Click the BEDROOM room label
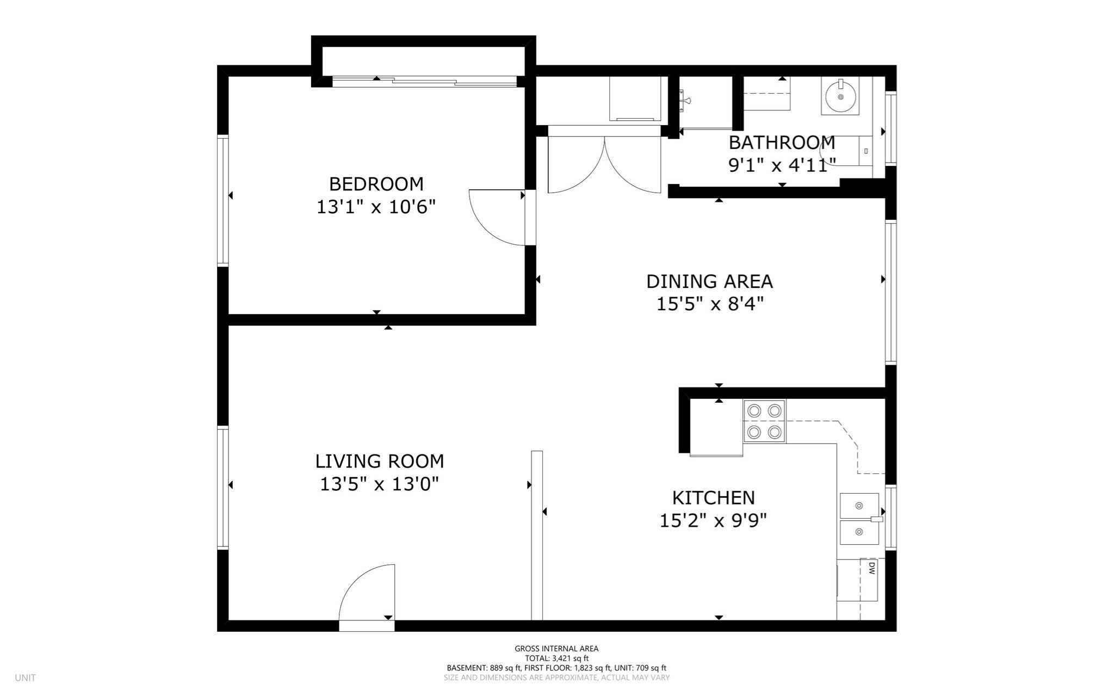(376, 184)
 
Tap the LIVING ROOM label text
(380, 461)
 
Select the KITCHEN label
(713, 497)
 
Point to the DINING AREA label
(709, 281)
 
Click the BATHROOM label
(782, 143)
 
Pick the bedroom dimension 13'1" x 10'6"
(376, 207)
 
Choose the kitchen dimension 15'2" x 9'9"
(713, 520)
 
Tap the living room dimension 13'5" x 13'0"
(379, 484)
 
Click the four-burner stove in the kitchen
(764, 421)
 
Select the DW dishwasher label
(871, 569)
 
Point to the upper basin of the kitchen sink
(859, 506)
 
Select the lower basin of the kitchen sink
(859, 532)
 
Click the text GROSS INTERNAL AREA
(556, 649)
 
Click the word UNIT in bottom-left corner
(25, 678)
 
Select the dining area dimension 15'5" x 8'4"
(710, 304)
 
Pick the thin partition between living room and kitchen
(537, 535)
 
